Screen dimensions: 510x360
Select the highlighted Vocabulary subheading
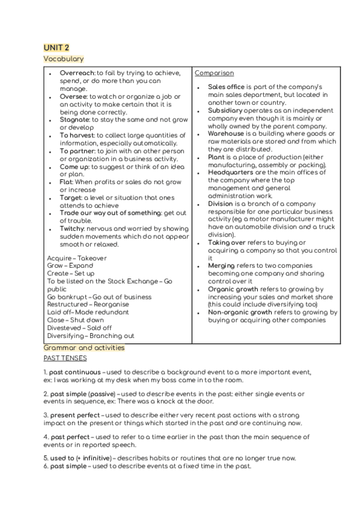(x=63, y=58)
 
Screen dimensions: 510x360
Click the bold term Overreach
(x=77, y=73)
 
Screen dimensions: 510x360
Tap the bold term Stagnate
(x=75, y=120)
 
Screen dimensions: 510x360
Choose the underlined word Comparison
(x=215, y=73)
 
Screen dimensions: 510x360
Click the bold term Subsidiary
(x=225, y=111)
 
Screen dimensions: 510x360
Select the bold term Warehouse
(x=226, y=134)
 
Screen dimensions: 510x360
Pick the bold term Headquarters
(x=233, y=173)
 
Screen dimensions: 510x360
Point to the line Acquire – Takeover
(x=76, y=258)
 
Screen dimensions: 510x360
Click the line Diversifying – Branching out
(x=91, y=336)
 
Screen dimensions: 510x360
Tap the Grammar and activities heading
(x=84, y=348)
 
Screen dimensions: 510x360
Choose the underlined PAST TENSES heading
(x=65, y=358)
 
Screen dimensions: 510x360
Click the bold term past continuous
(x=74, y=373)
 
